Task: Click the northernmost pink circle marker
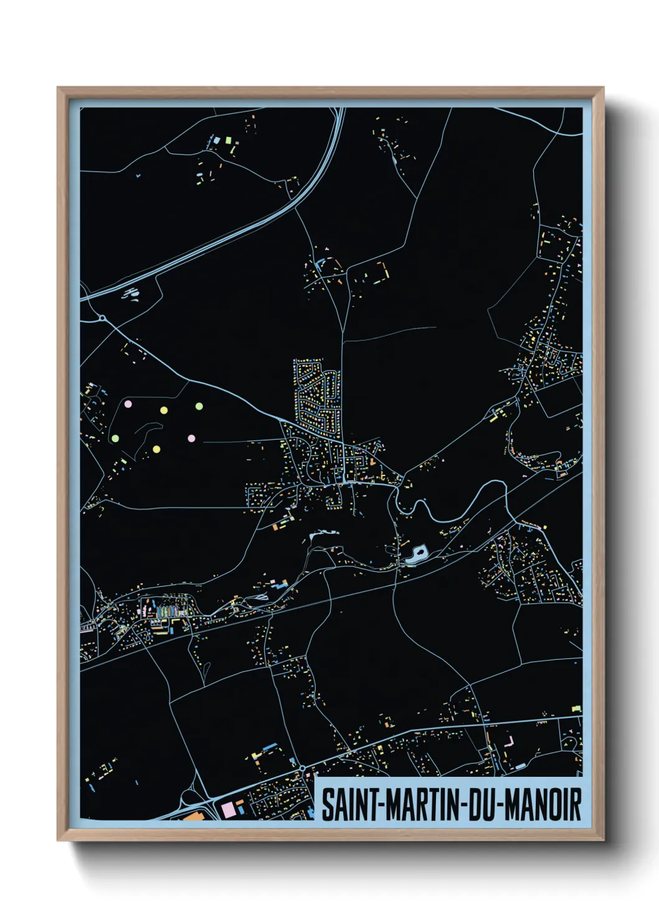[x=128, y=404]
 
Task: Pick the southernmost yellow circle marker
[x=156, y=449]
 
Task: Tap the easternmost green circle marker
[x=199, y=406]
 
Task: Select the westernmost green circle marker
[x=115, y=438]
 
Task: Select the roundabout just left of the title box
[x=302, y=768]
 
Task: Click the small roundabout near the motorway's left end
[x=102, y=318]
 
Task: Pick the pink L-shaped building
[x=510, y=741]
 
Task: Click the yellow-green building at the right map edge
[x=576, y=708]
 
